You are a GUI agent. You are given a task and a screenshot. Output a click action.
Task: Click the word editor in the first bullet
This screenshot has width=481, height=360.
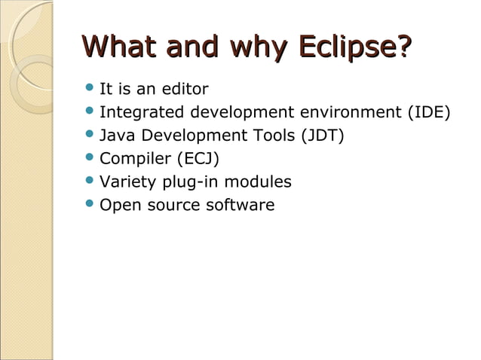point(184,90)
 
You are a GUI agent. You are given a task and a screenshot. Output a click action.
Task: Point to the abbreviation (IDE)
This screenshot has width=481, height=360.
point(428,113)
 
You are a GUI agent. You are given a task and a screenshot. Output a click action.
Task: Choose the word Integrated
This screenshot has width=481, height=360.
point(142,113)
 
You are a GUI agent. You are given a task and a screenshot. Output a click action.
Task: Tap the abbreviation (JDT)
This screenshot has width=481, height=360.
point(323,136)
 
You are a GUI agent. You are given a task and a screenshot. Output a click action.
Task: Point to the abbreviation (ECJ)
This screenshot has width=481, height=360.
point(198,159)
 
